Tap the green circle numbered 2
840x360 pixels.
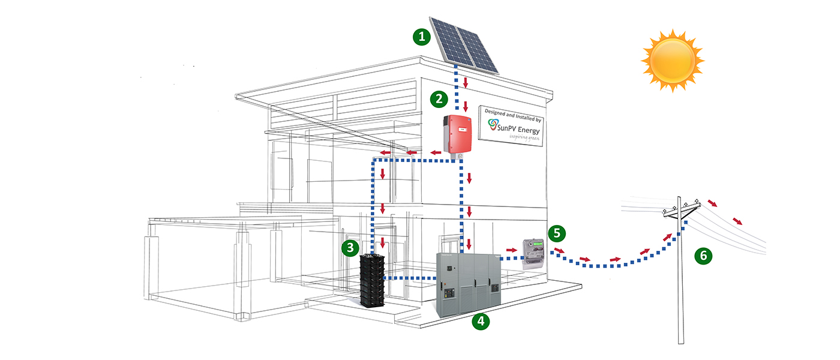[x=439, y=98]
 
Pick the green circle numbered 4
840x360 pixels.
[x=481, y=321]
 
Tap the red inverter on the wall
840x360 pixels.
[x=458, y=134]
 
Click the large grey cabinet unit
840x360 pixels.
[x=469, y=284]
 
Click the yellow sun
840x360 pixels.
[x=672, y=60]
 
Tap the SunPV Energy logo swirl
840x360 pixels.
[x=493, y=125]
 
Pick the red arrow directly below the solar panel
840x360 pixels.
[x=465, y=81]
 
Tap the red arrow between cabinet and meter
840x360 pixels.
[x=511, y=249]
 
